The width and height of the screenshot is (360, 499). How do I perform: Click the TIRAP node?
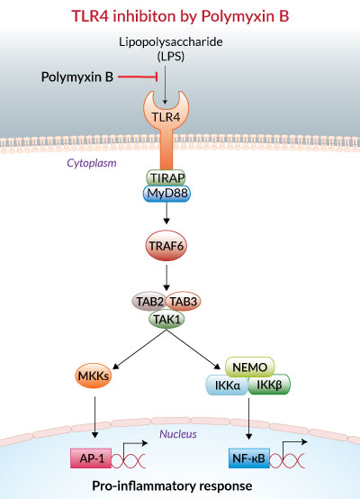[x=166, y=177]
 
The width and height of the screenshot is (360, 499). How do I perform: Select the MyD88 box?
[x=167, y=194]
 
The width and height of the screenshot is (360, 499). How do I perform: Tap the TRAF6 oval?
[x=166, y=246]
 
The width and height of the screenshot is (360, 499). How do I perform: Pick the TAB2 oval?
[x=149, y=302]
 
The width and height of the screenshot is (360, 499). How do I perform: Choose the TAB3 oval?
[x=184, y=302]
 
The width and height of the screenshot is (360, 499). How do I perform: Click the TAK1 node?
[x=166, y=319]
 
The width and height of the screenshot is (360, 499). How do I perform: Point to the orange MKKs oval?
[x=94, y=376]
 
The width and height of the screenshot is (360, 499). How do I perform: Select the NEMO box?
[x=250, y=367]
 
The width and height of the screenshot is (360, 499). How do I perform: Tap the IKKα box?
[x=228, y=385]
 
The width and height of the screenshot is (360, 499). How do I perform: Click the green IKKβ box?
[x=269, y=385]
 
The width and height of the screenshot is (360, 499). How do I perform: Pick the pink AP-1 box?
[x=91, y=458]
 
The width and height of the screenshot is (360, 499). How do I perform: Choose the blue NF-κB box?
[x=249, y=458]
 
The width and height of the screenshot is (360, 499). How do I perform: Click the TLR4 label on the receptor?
[x=166, y=117]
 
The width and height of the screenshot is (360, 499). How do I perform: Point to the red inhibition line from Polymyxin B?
[x=138, y=77]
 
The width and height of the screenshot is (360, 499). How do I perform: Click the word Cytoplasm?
[x=92, y=163]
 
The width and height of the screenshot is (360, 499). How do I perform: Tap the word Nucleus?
[x=178, y=434]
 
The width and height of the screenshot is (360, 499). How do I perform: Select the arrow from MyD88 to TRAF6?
[x=166, y=213]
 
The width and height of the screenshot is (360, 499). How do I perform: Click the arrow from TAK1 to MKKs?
[x=139, y=349]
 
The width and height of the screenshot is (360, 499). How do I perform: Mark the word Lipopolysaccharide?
[x=171, y=42]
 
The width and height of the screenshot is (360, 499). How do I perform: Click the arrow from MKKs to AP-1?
[x=94, y=417]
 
